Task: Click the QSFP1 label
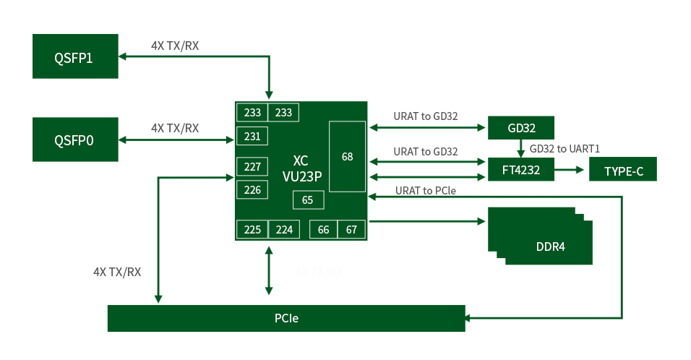coord(74,59)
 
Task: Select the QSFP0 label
coord(74,140)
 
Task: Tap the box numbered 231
coord(252,136)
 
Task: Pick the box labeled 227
coord(252,166)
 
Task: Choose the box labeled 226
coord(252,189)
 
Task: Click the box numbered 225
coord(252,229)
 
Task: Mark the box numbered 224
coord(284,229)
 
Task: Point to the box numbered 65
coord(308,200)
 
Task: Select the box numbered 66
coord(324,229)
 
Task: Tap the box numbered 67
coord(352,229)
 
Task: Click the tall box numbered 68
coord(348,156)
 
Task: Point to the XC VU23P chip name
coord(301,168)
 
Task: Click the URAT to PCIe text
coord(426,191)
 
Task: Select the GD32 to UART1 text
coord(565,149)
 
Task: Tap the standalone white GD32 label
coord(522,129)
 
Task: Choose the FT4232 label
coord(521,171)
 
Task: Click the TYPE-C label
coord(624,172)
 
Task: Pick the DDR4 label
coord(551,247)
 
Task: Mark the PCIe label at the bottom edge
coord(286,318)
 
